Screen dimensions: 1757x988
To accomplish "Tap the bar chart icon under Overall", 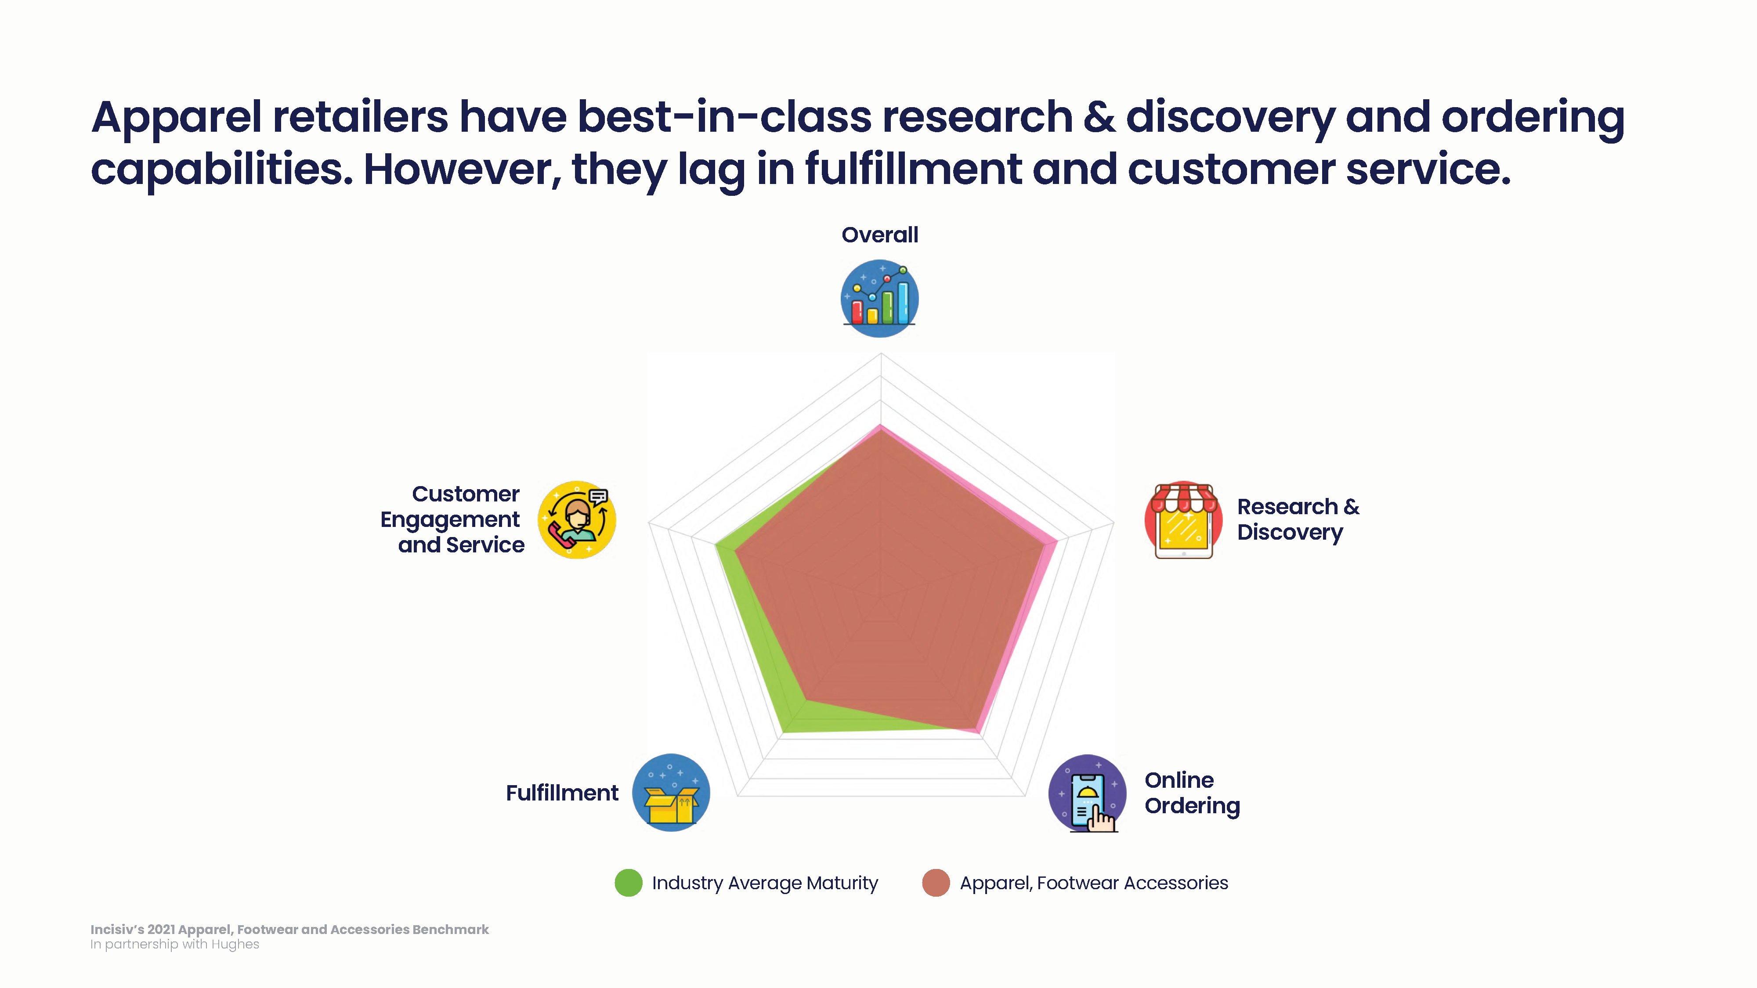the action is point(880,298).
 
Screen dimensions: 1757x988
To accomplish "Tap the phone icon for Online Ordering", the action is point(1087,793).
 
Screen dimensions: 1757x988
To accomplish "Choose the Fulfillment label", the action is point(562,793).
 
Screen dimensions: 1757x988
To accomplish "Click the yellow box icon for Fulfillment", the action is point(671,792).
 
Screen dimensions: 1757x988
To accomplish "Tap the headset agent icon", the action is point(577,519).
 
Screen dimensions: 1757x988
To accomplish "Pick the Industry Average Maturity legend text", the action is point(765,883).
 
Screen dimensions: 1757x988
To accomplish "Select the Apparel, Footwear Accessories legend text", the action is point(1094,883).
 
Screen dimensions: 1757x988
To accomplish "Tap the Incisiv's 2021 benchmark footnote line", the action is point(290,929).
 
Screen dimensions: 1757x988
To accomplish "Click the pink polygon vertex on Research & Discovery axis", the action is point(1057,541).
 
